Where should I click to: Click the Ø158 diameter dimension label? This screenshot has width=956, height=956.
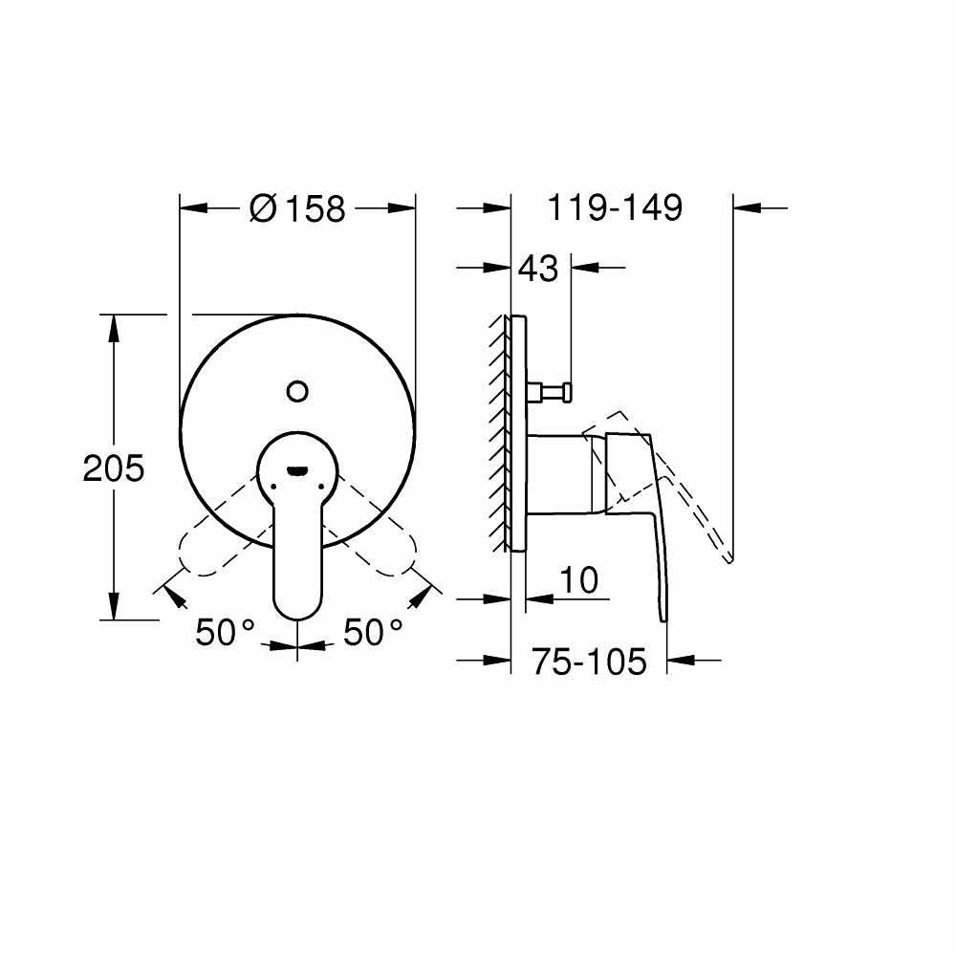pos(296,207)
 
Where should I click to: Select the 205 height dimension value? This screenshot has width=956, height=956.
pos(113,468)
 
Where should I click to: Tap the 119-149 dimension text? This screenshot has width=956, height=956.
pos(614,207)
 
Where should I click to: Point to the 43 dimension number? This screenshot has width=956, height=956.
pos(537,270)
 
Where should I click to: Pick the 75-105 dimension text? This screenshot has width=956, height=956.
pos(589,661)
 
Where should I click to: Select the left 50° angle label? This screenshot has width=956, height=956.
pos(226,632)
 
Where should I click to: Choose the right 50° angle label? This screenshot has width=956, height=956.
pos(374,632)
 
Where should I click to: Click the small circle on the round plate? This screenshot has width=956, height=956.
pos(297,390)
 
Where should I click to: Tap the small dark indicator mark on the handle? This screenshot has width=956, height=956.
pos(297,470)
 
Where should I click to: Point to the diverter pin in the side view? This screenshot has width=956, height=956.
pos(550,390)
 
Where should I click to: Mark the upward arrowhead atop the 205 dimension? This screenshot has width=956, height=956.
pos(114,327)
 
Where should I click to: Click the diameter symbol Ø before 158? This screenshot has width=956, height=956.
pos(263,207)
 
